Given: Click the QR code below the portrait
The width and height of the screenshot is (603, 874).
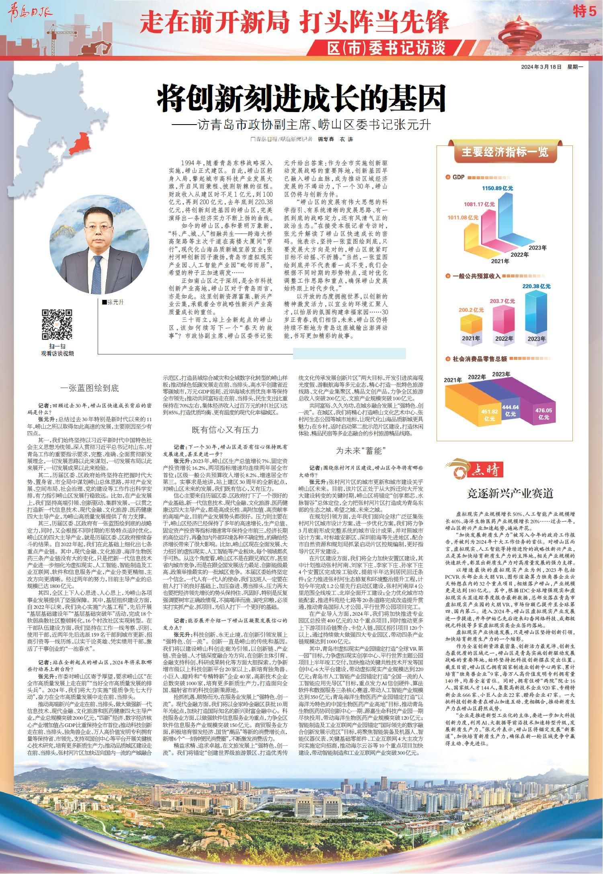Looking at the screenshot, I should click(x=57, y=325).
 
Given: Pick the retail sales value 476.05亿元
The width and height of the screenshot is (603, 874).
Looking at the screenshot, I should click(x=544, y=413).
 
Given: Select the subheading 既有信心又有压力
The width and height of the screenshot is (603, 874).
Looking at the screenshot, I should click(x=225, y=430).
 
